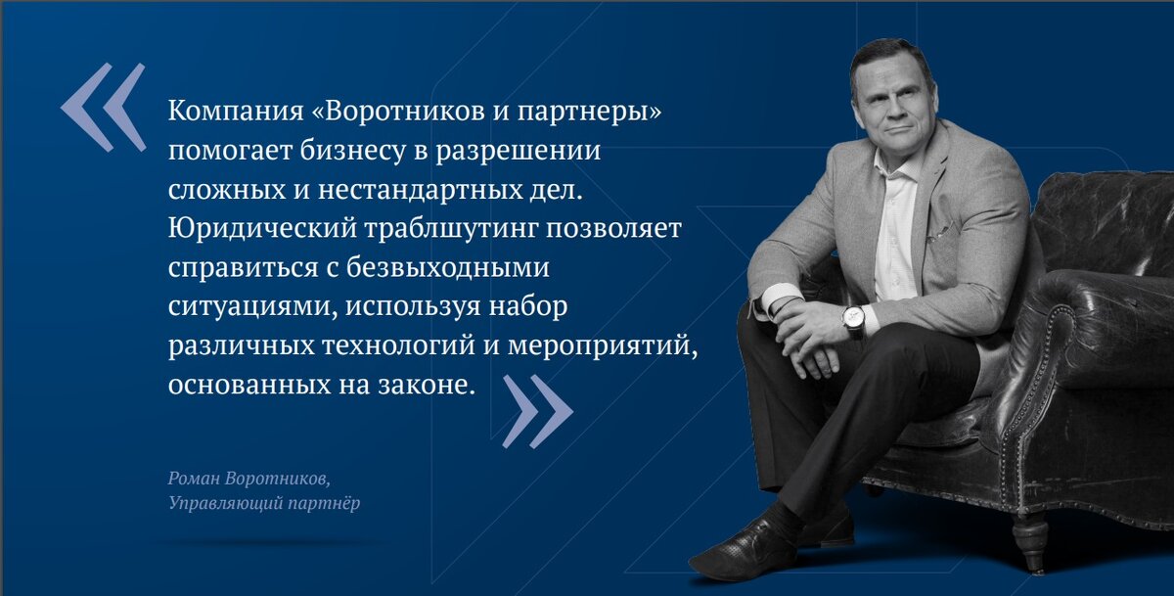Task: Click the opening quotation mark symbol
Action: click(x=103, y=107)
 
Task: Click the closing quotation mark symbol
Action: click(x=537, y=412)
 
